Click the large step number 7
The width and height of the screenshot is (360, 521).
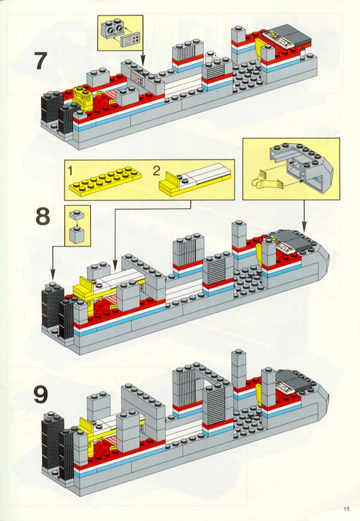[41, 61]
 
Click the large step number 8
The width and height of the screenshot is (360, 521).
[43, 216]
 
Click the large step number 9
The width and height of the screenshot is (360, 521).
[41, 394]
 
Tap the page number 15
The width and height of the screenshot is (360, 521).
[347, 508]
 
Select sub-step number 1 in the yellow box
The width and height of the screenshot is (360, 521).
[70, 171]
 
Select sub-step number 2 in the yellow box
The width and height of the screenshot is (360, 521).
[156, 171]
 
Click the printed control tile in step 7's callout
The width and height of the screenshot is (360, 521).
[130, 41]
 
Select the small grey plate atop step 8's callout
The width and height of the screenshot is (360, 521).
[77, 214]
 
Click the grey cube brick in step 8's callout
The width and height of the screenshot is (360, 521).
[77, 235]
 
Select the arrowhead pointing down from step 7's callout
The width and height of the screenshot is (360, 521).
[143, 63]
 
